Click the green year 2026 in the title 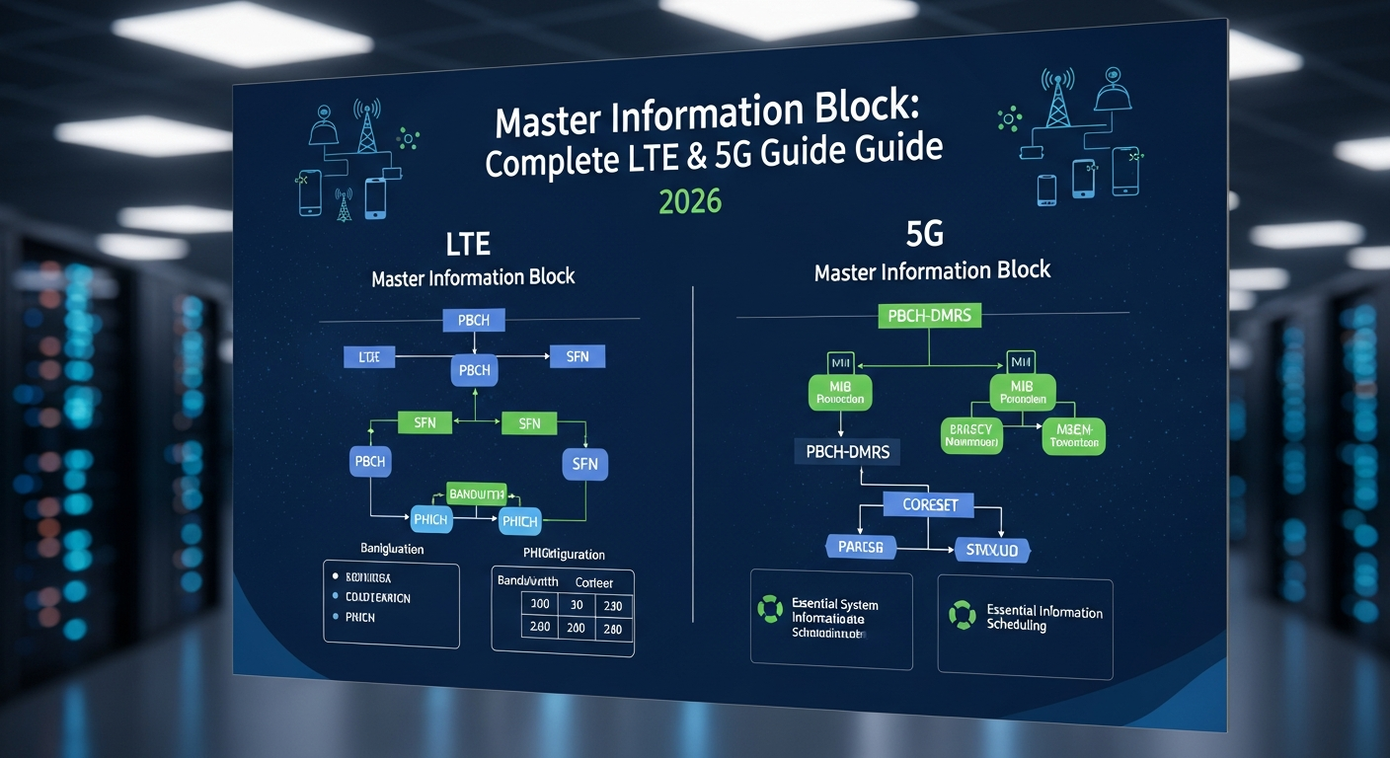(690, 201)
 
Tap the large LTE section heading (468, 243)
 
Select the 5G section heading (924, 234)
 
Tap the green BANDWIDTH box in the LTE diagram (476, 493)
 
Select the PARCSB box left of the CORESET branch (860, 546)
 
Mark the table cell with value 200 (576, 629)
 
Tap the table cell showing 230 (612, 606)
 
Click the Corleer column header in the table (594, 581)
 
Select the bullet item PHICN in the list (360, 617)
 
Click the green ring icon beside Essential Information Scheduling (961, 616)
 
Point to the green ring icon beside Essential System (769, 608)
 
